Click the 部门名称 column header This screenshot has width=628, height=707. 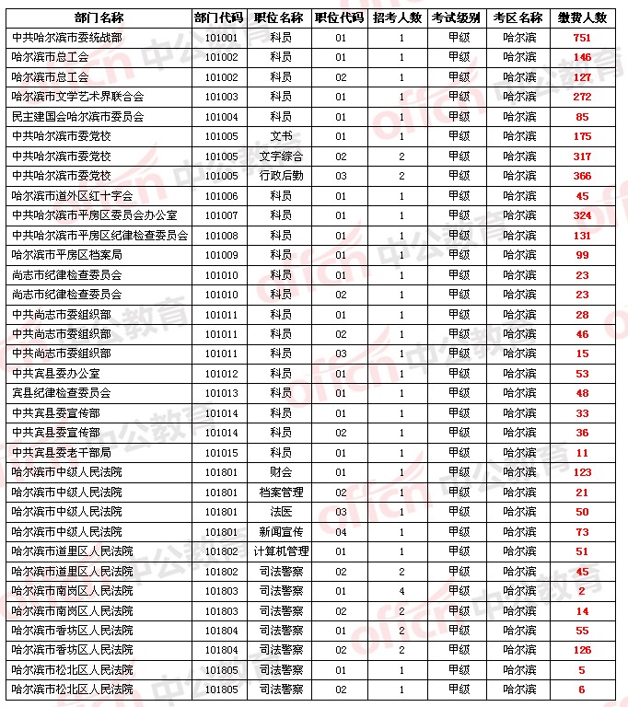(99, 17)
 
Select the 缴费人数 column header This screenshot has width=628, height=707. (582, 17)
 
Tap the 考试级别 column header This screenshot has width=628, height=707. (457, 17)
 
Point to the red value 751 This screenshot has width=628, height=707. (582, 38)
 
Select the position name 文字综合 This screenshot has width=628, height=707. (281, 156)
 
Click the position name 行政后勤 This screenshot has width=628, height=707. (281, 176)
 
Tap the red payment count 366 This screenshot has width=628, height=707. (582, 176)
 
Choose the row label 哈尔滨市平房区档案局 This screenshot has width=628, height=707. (66, 255)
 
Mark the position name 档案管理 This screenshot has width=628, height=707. (281, 493)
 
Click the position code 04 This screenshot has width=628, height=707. (341, 532)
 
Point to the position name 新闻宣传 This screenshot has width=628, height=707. (281, 532)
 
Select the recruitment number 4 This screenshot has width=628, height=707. (401, 591)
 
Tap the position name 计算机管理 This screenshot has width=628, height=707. (281, 551)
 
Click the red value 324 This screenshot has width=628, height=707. (582, 215)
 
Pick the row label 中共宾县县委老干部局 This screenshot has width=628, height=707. (62, 453)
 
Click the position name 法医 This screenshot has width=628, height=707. (281, 512)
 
